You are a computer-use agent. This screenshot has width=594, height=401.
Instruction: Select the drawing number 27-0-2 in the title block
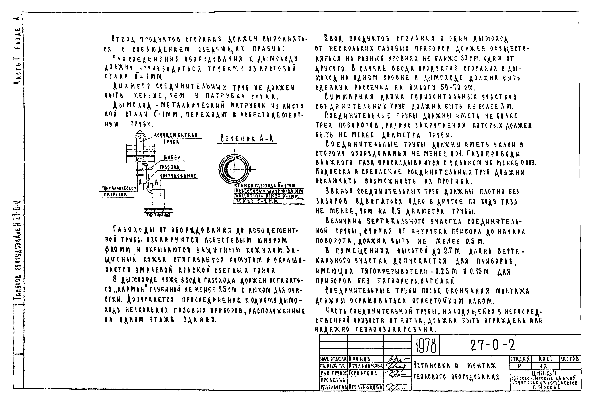(493, 345)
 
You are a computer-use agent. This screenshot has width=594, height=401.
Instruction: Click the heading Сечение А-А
(247, 139)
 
